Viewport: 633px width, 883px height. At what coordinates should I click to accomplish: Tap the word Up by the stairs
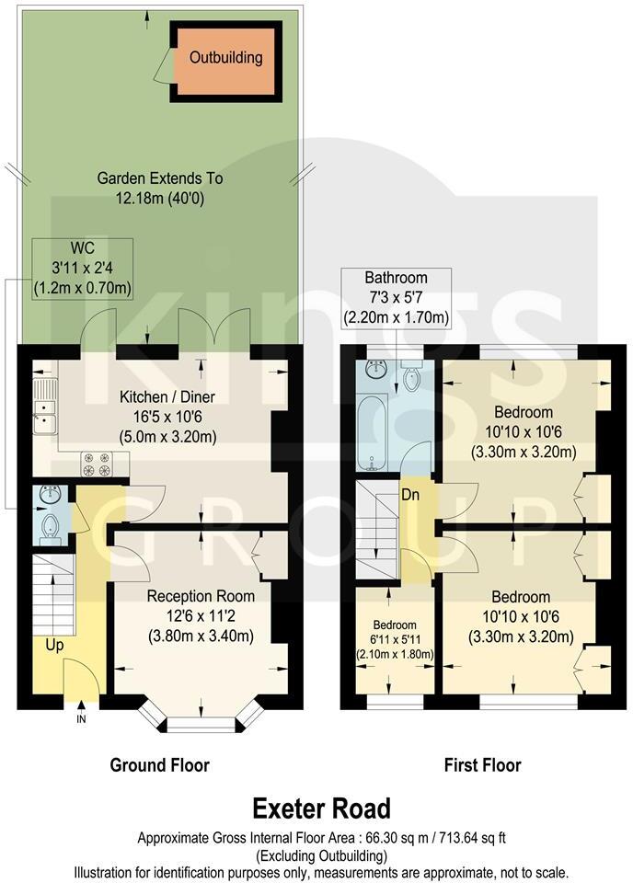pyautogui.click(x=54, y=645)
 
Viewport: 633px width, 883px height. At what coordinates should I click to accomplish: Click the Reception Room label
pyautogui.click(x=201, y=596)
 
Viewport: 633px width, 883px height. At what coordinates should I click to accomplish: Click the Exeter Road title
pyautogui.click(x=322, y=808)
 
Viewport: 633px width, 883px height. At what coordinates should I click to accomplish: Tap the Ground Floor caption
pyautogui.click(x=159, y=765)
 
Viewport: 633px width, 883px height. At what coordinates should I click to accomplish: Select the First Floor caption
pyautogui.click(x=482, y=765)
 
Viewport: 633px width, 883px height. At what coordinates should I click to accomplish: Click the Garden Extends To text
pyautogui.click(x=160, y=178)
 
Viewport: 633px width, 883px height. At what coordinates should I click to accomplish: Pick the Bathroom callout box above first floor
pyautogui.click(x=396, y=298)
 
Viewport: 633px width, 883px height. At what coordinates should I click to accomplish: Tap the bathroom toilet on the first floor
pyautogui.click(x=413, y=377)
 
